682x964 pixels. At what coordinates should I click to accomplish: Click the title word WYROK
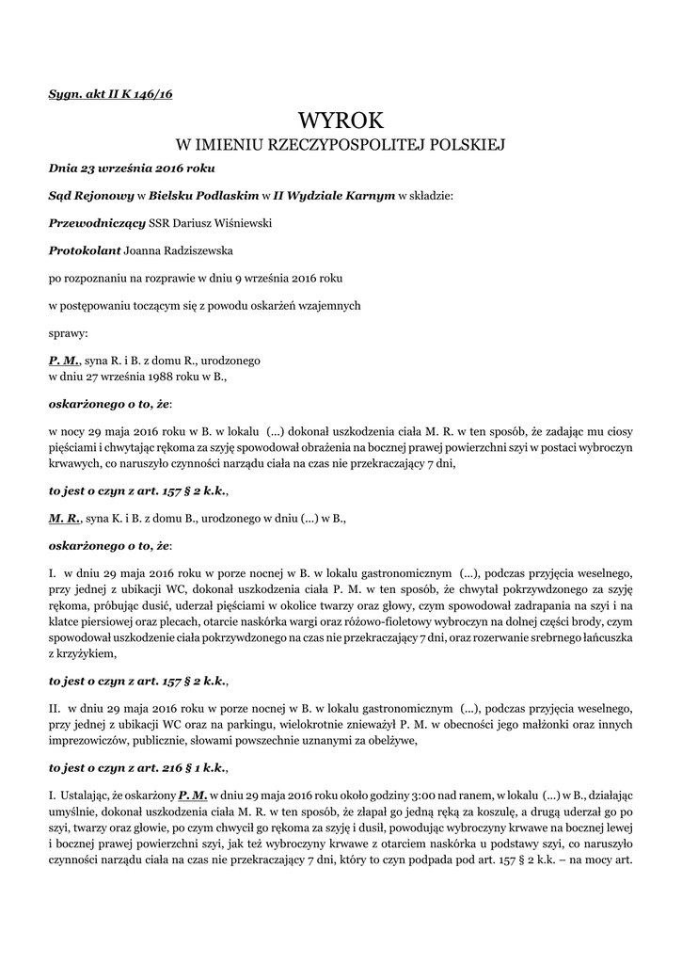[341, 120]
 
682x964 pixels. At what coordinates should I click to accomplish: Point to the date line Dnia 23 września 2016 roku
[132, 169]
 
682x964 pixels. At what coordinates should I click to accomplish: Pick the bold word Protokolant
[85, 251]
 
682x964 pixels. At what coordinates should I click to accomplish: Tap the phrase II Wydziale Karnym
[334, 196]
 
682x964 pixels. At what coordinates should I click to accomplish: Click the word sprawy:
[69, 332]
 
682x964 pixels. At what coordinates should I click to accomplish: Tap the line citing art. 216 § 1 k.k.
[138, 767]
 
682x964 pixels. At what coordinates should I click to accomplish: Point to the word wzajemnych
[330, 305]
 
